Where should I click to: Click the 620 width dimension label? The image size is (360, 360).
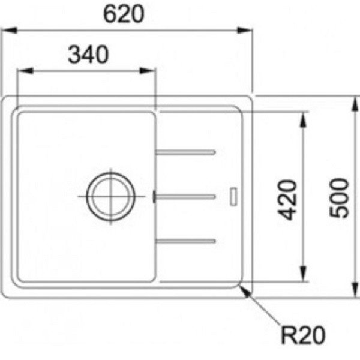[x=124, y=14]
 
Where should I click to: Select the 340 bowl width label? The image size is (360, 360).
[x=88, y=55]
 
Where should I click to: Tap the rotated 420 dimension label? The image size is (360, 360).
[x=287, y=200]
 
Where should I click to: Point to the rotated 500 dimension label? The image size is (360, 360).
[x=339, y=197]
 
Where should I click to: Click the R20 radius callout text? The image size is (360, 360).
[x=303, y=335]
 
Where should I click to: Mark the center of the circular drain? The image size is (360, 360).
[x=111, y=196]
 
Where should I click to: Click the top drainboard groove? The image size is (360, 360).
[x=185, y=152]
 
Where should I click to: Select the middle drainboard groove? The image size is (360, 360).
[x=185, y=197]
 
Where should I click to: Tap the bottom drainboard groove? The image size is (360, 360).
[x=185, y=241]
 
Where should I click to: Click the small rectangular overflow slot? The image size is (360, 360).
[x=233, y=197]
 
